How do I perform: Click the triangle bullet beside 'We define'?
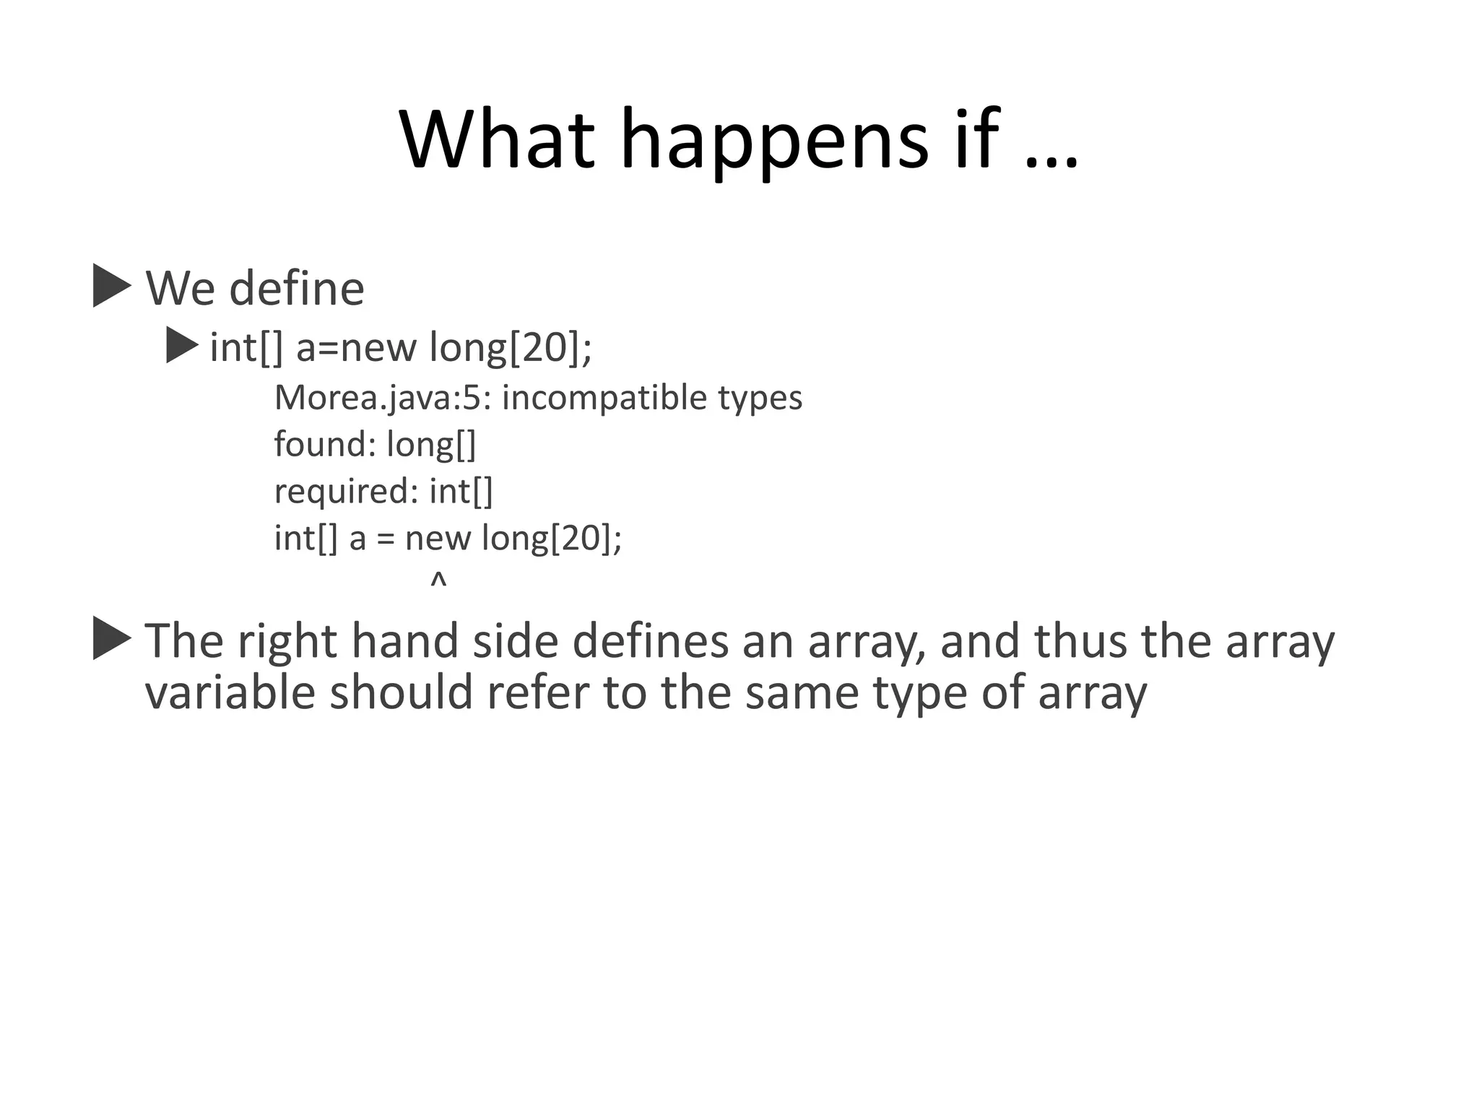point(111,287)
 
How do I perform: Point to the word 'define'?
point(297,288)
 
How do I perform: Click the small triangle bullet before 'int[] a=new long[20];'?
point(181,346)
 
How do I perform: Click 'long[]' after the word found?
point(431,444)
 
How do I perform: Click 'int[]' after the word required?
point(461,492)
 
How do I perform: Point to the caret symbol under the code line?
point(438,580)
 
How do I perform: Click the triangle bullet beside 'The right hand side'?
point(111,639)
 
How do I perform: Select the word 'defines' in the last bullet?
point(651,641)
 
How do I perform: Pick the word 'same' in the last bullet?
point(802,692)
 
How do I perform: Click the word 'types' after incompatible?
point(760,398)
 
